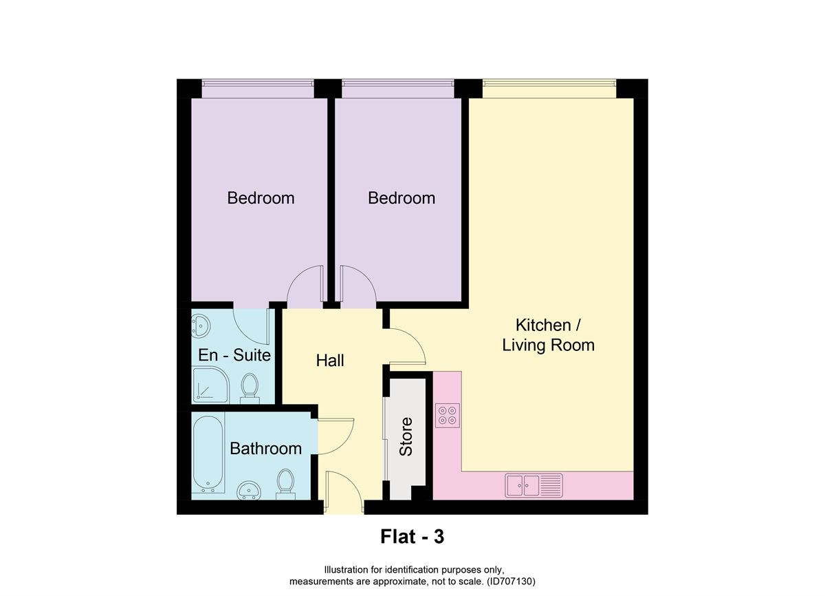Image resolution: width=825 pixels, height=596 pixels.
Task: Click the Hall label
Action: click(330, 360)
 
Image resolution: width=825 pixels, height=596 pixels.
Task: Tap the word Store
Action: click(406, 436)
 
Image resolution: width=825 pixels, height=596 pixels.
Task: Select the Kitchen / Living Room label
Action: click(548, 334)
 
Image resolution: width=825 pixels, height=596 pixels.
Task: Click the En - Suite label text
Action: click(234, 356)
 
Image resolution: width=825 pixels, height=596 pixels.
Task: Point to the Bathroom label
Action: click(265, 449)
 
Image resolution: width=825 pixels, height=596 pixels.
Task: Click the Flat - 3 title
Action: click(412, 537)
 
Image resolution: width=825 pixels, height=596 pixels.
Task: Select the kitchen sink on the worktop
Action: click(533, 485)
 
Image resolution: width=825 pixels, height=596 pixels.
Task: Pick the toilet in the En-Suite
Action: click(250, 387)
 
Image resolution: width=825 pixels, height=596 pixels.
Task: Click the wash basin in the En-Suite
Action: click(200, 326)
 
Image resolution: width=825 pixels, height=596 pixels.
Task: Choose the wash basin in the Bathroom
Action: click(248, 490)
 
